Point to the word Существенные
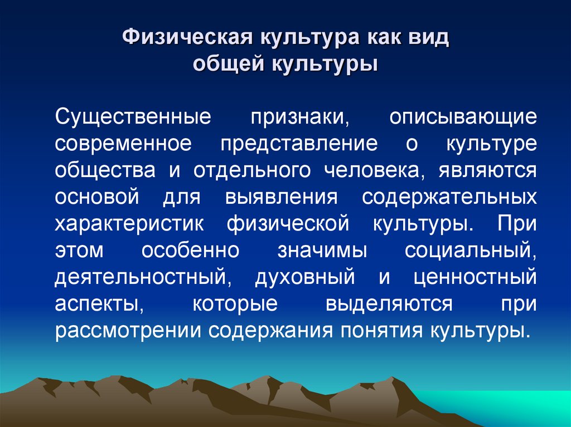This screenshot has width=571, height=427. click(133, 117)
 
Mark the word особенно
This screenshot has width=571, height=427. click(190, 250)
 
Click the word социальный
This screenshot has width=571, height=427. click(471, 250)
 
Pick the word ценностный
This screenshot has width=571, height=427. click(475, 277)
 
